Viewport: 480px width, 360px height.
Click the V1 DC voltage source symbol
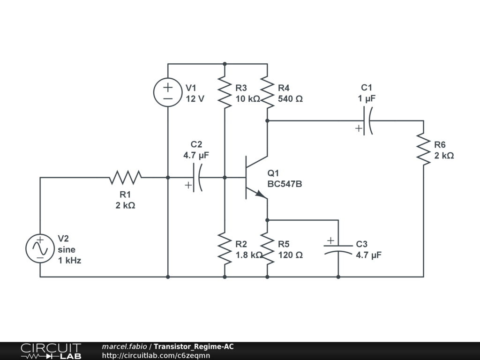(168, 92)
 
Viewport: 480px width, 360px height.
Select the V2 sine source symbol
(40, 248)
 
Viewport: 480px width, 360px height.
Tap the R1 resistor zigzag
(126, 178)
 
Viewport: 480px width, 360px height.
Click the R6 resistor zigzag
(424, 149)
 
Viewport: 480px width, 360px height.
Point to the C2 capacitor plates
(198, 178)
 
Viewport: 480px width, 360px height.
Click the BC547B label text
(285, 184)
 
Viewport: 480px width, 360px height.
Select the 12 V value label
(195, 99)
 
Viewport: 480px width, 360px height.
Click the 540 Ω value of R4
(290, 99)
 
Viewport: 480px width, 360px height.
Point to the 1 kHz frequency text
(69, 261)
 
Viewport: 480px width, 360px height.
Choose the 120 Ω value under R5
(290, 255)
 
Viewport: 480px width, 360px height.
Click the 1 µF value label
(367, 98)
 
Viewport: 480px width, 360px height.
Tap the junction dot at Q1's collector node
(267, 121)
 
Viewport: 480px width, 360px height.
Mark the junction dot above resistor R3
(225, 64)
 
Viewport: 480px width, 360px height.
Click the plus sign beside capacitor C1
(359, 128)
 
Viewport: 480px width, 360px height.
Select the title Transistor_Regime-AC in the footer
(194, 346)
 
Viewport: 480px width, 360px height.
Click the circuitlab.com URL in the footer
(156, 355)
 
